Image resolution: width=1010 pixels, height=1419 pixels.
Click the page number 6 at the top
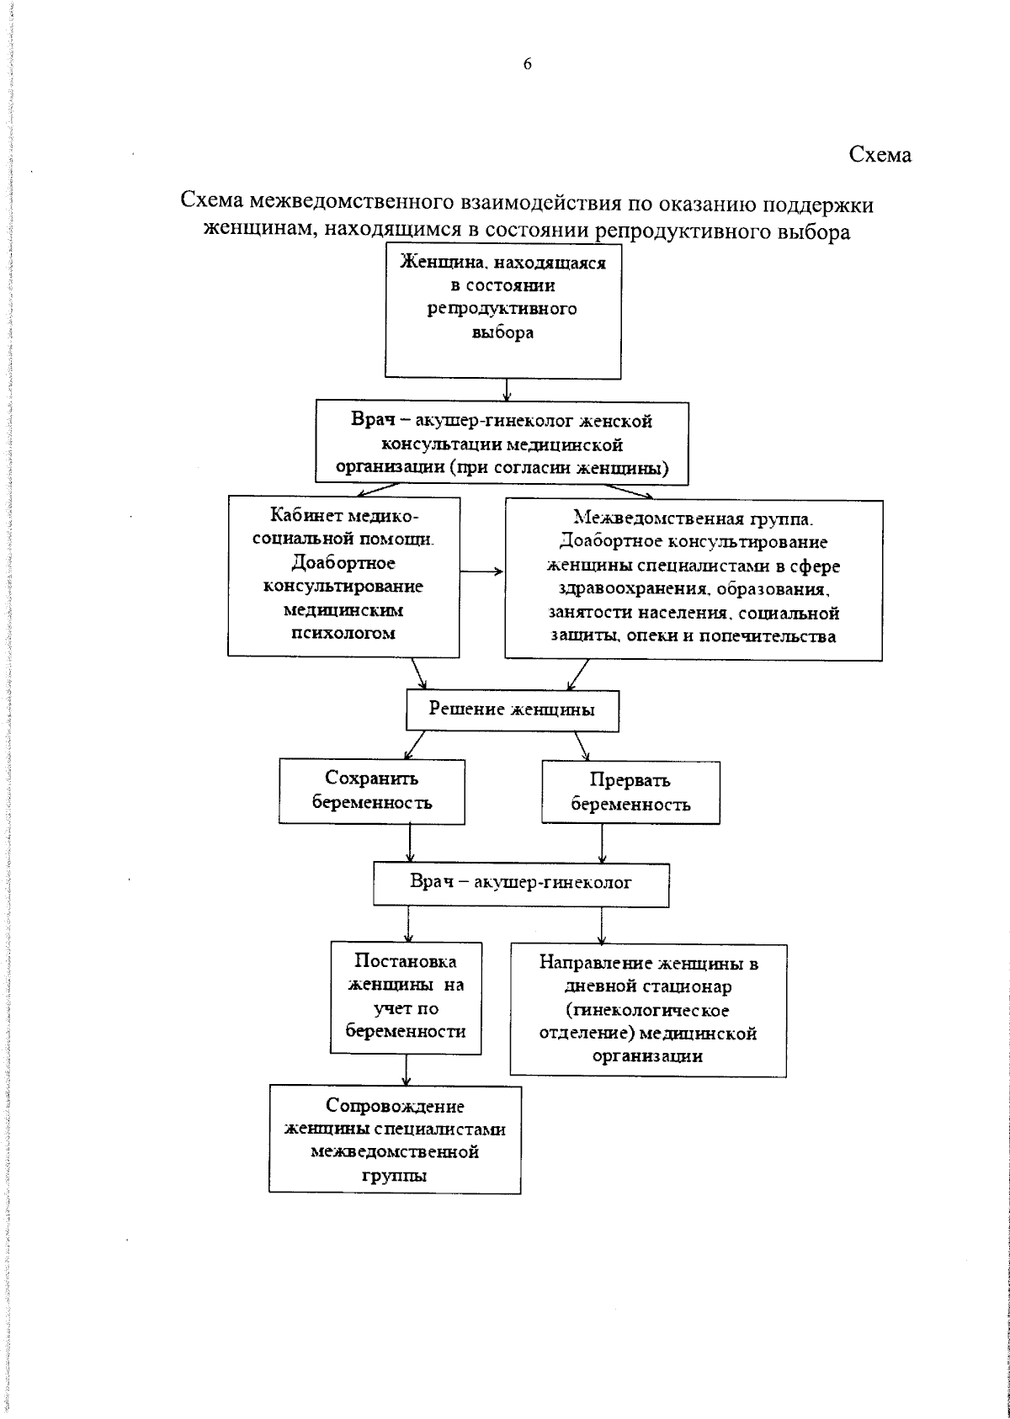(528, 65)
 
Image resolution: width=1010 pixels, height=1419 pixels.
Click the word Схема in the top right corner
(880, 155)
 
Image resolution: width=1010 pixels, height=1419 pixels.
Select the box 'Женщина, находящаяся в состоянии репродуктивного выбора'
(504, 310)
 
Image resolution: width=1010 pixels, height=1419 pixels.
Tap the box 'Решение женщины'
(512, 710)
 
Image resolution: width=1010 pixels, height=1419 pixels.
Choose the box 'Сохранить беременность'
(372, 791)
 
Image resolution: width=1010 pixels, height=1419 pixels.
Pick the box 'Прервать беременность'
(630, 792)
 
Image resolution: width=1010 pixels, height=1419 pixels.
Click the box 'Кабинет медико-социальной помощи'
(343, 576)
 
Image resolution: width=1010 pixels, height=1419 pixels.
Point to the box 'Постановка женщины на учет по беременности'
(406, 997)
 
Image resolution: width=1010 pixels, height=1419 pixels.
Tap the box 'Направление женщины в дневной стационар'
(648, 1009)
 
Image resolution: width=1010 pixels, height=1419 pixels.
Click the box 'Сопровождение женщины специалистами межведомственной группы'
(395, 1140)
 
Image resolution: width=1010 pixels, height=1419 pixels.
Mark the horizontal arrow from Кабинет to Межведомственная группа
(481, 572)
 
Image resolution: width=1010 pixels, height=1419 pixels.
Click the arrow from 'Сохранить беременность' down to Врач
(410, 842)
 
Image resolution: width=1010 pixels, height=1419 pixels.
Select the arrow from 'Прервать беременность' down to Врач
(602, 842)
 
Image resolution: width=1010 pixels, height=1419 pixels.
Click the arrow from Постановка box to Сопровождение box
(407, 1070)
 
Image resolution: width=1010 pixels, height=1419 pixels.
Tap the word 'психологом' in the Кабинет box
(343, 634)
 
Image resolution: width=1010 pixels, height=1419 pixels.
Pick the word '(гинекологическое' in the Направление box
(647, 1009)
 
